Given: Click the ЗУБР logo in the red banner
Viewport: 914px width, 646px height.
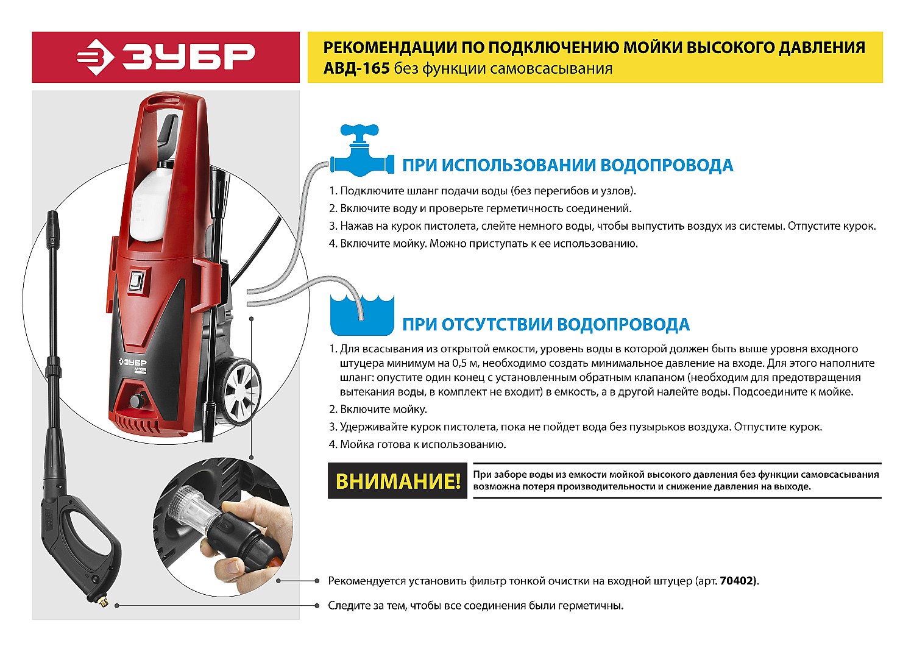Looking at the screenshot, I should (x=166, y=57).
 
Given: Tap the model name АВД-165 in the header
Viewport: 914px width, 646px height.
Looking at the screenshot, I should (x=356, y=69).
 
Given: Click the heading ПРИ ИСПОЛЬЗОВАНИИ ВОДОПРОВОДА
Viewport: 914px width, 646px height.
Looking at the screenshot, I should (x=567, y=166).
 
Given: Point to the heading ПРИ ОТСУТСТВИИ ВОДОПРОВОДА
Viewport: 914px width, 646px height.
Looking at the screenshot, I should (x=546, y=324).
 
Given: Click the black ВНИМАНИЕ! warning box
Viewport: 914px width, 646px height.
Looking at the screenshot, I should (x=397, y=481).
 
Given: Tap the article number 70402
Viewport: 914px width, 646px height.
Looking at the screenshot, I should (x=737, y=581).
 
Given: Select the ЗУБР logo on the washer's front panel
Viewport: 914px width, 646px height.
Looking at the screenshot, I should (x=133, y=362).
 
